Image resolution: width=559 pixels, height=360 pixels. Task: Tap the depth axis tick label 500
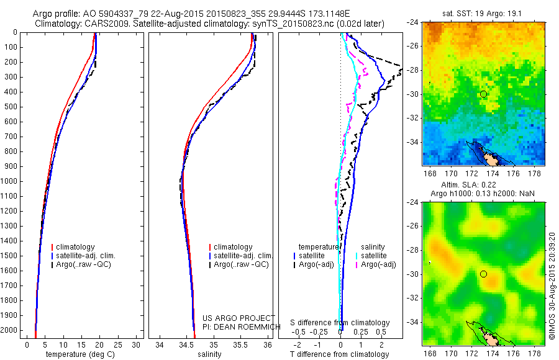(x=11, y=107)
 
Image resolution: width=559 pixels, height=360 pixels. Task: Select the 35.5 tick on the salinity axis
(x=240, y=344)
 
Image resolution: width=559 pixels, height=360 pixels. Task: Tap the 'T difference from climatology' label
(x=340, y=354)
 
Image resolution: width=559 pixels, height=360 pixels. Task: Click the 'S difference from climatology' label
(x=340, y=323)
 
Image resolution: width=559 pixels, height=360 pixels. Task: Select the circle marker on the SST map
(x=483, y=94)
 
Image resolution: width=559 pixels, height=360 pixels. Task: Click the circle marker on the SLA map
(x=483, y=274)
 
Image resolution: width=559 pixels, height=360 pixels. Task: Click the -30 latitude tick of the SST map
(x=414, y=94)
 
